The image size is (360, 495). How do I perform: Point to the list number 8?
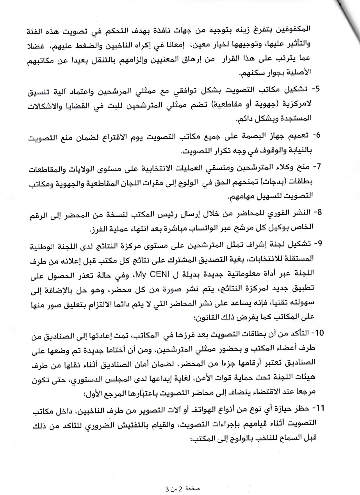317,213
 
